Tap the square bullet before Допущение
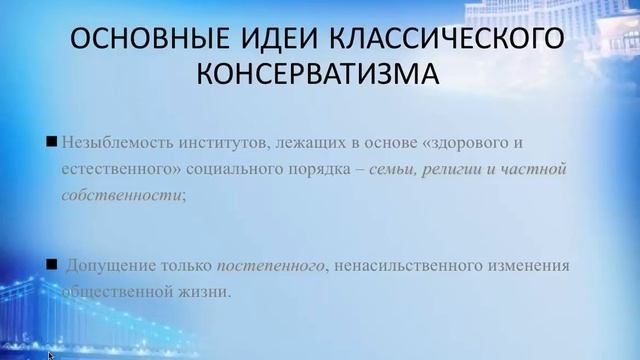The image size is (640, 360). click(51, 265)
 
